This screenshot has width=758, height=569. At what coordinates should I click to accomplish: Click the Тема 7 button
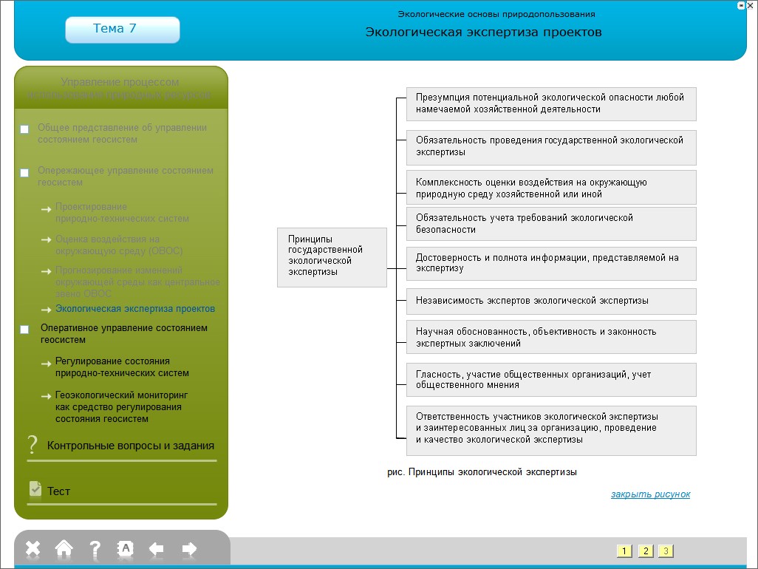click(x=122, y=30)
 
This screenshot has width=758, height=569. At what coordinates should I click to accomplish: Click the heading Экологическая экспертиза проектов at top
click(x=483, y=32)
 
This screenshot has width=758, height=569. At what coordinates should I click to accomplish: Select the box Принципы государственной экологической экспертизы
click(x=332, y=256)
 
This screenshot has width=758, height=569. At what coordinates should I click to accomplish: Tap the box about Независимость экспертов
click(x=551, y=301)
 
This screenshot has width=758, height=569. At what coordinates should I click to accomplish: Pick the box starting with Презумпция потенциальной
click(x=551, y=103)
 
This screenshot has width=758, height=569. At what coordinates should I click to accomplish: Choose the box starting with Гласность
click(x=551, y=380)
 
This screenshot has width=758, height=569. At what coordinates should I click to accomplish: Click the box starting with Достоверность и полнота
click(x=551, y=263)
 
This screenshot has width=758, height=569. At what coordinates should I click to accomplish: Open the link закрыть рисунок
click(x=650, y=494)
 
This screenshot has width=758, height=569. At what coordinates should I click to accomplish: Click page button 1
click(x=624, y=551)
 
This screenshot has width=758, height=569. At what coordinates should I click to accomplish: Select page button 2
click(x=645, y=551)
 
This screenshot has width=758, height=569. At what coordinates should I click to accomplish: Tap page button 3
click(x=666, y=551)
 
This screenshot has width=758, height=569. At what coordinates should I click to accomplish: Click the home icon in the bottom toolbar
click(x=64, y=548)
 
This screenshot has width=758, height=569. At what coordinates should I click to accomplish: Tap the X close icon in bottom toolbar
click(x=33, y=548)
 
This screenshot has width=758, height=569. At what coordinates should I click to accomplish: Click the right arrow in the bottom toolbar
click(x=189, y=548)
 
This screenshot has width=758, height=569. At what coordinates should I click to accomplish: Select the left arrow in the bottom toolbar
click(x=157, y=548)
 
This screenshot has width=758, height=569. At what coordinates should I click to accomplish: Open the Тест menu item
click(x=59, y=491)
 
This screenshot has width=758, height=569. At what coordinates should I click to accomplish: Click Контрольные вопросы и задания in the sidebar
click(x=130, y=446)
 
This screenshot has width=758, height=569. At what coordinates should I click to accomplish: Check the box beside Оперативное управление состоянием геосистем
click(x=24, y=330)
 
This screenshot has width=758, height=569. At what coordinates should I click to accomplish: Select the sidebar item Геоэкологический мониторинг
click(x=122, y=406)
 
